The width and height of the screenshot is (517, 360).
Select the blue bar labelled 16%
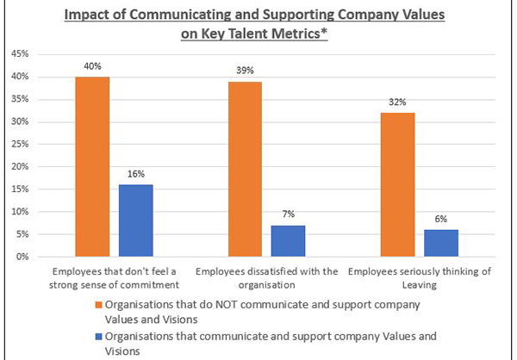click(x=134, y=220)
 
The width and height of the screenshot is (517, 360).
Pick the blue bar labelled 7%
click(x=288, y=240)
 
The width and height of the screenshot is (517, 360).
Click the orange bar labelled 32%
click(x=398, y=184)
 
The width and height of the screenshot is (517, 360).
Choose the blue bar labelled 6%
click(x=440, y=243)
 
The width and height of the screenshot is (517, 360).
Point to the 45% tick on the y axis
click(x=19, y=54)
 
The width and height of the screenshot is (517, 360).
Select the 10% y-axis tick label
click(x=19, y=212)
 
